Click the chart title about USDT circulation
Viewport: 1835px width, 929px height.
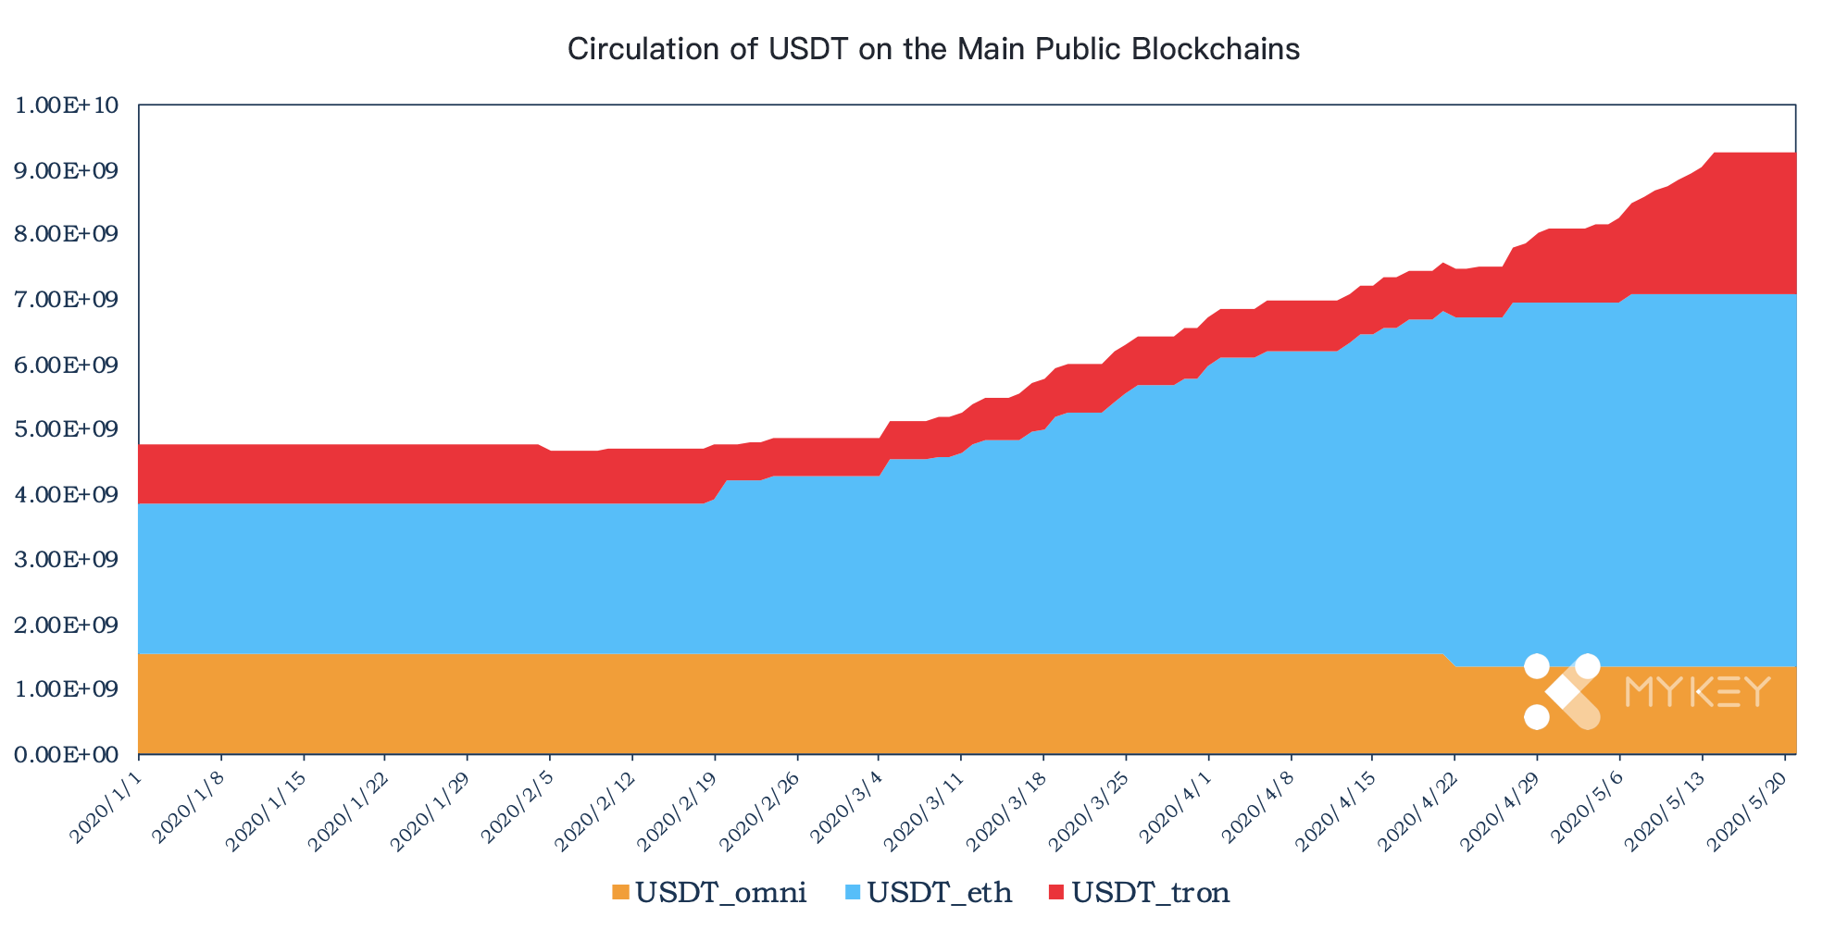[933, 49]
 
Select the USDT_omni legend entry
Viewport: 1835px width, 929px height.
[709, 893]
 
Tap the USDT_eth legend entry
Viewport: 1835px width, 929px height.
[929, 893]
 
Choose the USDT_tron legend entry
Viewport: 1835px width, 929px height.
[1140, 893]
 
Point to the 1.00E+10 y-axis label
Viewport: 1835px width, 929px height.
[68, 105]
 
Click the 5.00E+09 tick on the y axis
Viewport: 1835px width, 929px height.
[68, 430]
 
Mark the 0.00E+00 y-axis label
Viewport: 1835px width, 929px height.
[68, 755]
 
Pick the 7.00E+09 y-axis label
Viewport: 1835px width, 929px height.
[68, 300]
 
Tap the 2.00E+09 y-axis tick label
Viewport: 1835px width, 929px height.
[68, 626]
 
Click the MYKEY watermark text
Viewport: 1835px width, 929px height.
[1698, 692]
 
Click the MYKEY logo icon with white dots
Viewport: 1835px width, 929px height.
[1562, 692]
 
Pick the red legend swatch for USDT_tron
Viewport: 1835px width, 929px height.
[1058, 893]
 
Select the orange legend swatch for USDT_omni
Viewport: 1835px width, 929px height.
[619, 893]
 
